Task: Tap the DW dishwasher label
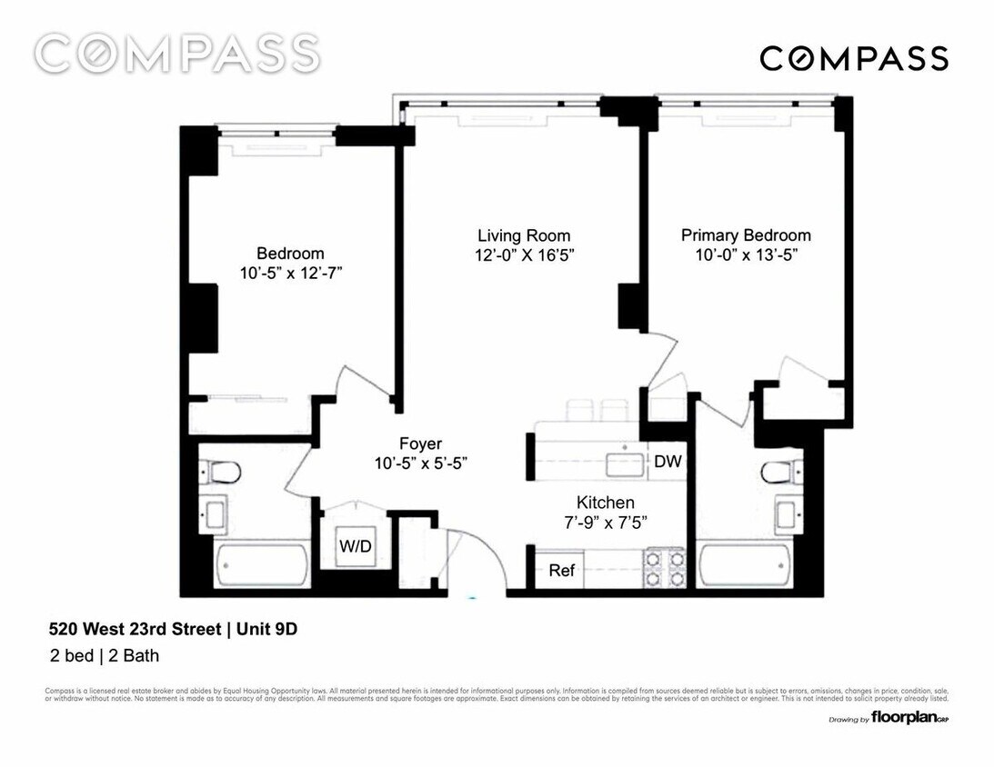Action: pos(667,462)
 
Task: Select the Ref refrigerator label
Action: pos(561,571)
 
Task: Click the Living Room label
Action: pos(524,235)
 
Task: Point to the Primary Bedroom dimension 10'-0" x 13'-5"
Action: pos(746,255)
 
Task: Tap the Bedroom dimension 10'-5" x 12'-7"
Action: pos(289,273)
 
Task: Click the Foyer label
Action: pos(420,443)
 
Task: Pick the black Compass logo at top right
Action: pos(854,59)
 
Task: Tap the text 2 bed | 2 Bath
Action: pos(105,654)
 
